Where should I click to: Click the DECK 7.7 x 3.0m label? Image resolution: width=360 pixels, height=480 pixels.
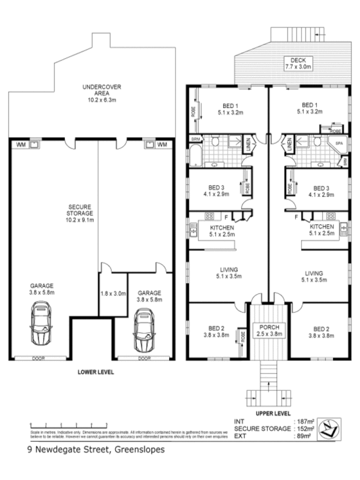coord(298,64)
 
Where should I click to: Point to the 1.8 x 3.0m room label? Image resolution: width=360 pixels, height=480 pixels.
coord(113,293)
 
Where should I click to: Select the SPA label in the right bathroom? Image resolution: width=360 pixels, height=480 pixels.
coord(339,144)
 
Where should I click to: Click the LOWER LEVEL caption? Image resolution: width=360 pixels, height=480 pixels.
coord(95,372)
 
